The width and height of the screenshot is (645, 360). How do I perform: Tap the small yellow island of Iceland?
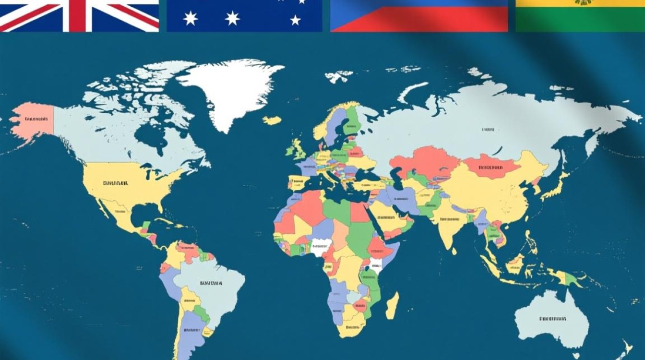[x=272, y=120]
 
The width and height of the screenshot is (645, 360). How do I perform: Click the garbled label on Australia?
[x=552, y=319]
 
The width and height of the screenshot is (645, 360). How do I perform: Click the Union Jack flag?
[x=79, y=15]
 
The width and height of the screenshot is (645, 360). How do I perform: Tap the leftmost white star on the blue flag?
[x=191, y=18]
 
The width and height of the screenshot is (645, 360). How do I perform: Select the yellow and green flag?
[x=580, y=15]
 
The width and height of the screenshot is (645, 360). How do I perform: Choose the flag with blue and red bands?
[x=419, y=15]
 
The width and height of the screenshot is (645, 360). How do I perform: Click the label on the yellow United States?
[x=115, y=183]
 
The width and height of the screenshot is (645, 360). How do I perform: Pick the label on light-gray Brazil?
[x=211, y=283]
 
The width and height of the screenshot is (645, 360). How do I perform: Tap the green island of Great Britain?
[x=299, y=149]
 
